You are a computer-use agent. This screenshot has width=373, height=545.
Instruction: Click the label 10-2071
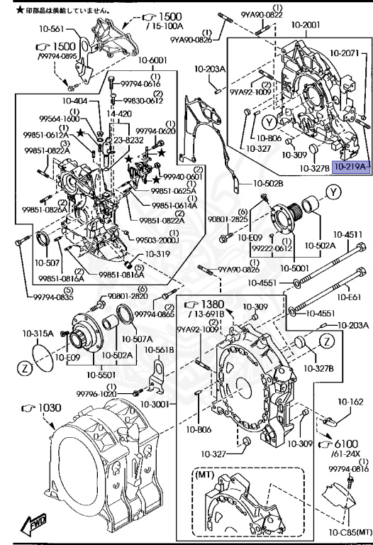pyautogui.click(x=347, y=53)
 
